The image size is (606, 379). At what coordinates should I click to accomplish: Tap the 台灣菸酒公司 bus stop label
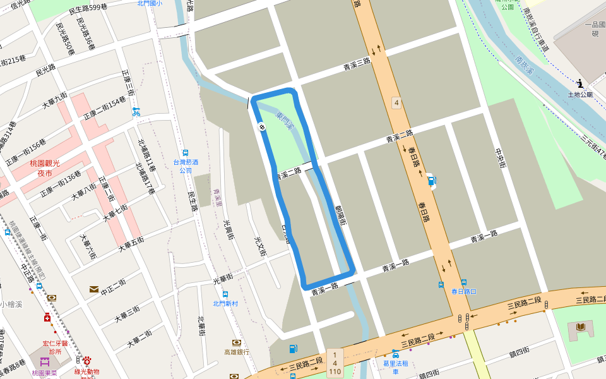(x=186, y=166)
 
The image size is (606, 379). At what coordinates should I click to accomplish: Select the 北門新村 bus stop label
(x=225, y=303)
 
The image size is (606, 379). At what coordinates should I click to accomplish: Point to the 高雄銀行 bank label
(x=237, y=352)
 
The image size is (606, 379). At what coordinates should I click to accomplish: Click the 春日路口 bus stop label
(x=463, y=291)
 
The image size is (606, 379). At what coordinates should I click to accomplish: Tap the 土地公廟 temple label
(x=580, y=95)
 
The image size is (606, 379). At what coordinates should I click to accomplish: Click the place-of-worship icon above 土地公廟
(x=580, y=83)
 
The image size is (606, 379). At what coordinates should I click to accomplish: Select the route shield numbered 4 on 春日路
(x=396, y=102)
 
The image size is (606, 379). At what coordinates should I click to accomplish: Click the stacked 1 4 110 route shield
(x=335, y=363)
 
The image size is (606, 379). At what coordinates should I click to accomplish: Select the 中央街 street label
(x=501, y=158)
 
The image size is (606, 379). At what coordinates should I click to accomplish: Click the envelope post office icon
(x=94, y=289)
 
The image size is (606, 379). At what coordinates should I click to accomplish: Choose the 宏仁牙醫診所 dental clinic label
(x=52, y=347)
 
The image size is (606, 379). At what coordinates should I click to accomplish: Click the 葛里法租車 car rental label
(x=396, y=367)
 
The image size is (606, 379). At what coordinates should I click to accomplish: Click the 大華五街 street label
(x=131, y=244)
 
